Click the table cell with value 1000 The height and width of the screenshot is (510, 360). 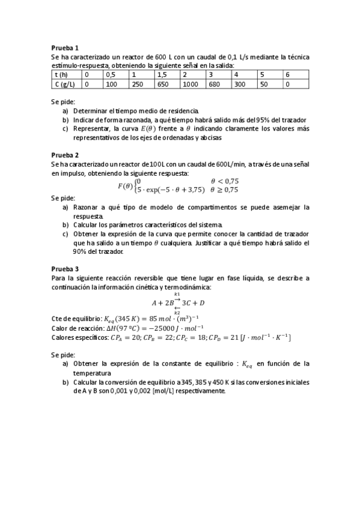[x=191, y=84]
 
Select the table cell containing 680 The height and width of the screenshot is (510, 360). [x=214, y=84]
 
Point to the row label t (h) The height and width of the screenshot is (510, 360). [x=60, y=75]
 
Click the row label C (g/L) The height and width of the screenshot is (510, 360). [x=64, y=84]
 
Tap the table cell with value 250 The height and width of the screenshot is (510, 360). [x=138, y=84]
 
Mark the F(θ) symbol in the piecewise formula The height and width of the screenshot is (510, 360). [x=125, y=185]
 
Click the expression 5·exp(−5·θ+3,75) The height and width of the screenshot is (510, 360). [x=171, y=189]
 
